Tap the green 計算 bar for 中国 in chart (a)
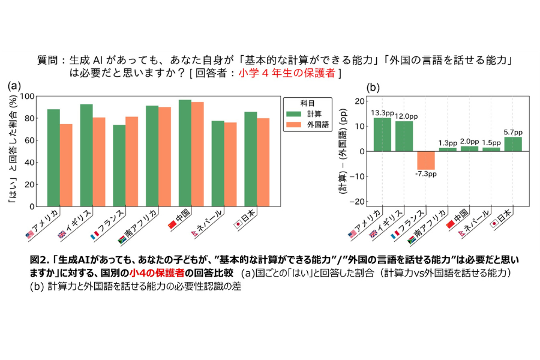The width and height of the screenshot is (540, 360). (x=185, y=153)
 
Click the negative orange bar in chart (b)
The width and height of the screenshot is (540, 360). (x=425, y=160)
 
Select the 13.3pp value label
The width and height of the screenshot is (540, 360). (x=382, y=112)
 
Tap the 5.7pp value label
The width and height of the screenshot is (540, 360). (x=512, y=132)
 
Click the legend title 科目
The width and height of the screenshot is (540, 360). (x=308, y=102)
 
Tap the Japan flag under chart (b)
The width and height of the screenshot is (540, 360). (x=494, y=223)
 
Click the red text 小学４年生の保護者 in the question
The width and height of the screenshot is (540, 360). (x=287, y=73)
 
